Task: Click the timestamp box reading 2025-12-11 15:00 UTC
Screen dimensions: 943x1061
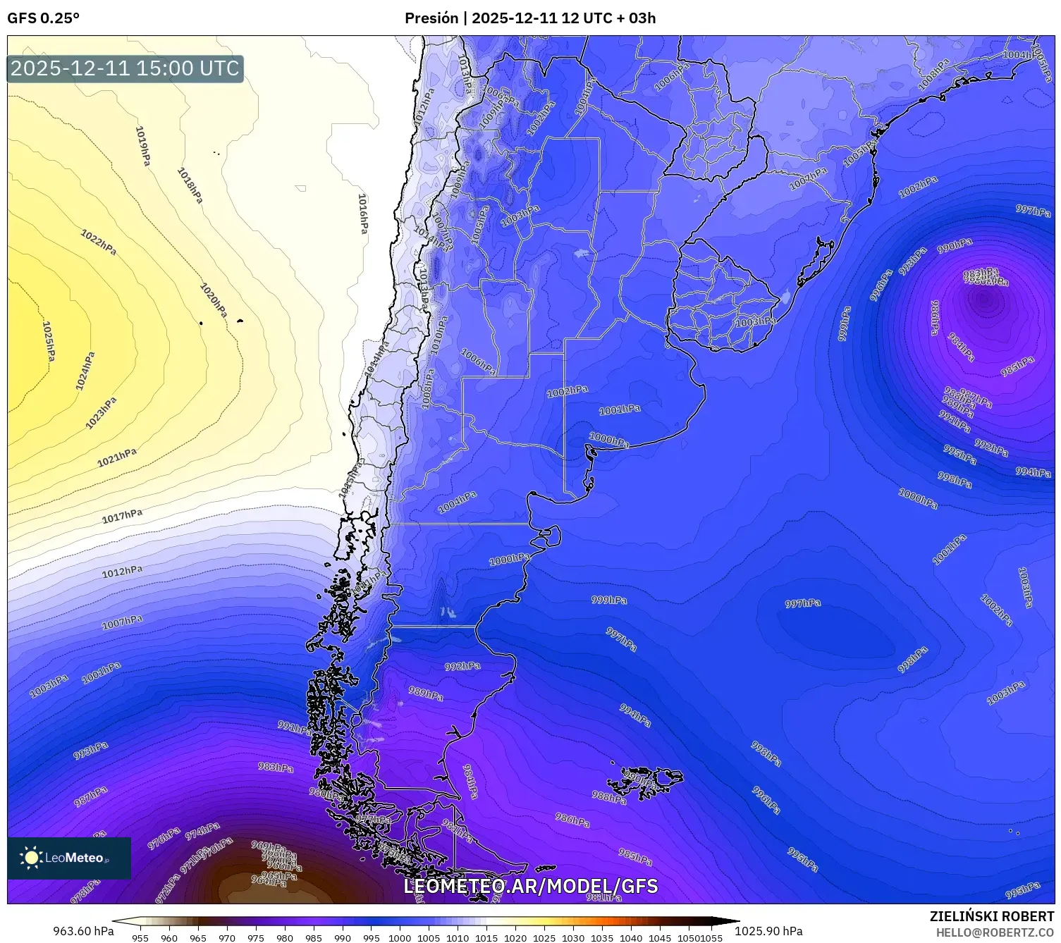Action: tap(125, 68)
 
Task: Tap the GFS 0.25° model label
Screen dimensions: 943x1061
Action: tap(43, 18)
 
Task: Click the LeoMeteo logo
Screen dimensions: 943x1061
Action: tap(68, 858)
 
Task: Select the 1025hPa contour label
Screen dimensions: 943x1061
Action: tap(48, 342)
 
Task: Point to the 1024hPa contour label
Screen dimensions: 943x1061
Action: tap(85, 371)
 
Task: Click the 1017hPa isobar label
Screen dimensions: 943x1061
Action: tap(122, 516)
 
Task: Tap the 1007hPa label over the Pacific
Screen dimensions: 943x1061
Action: tap(122, 622)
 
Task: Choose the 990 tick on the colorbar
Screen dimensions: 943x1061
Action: tap(343, 937)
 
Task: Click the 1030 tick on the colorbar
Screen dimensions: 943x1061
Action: tap(573, 937)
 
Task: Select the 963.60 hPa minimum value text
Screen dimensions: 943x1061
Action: tap(83, 931)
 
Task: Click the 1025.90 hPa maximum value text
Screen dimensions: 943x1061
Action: tap(768, 931)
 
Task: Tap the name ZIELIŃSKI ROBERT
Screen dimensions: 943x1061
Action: tap(991, 916)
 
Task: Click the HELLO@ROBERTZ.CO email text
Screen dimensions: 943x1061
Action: tap(994, 932)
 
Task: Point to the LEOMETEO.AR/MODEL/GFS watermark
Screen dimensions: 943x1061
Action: tap(530, 886)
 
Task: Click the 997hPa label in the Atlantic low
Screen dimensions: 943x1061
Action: tap(803, 603)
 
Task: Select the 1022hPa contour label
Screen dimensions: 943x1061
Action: tap(99, 242)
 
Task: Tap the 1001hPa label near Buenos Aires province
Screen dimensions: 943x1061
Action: tap(620, 409)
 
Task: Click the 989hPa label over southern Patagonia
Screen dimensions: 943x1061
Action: tap(426, 694)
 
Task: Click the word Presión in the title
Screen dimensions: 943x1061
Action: tap(431, 18)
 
